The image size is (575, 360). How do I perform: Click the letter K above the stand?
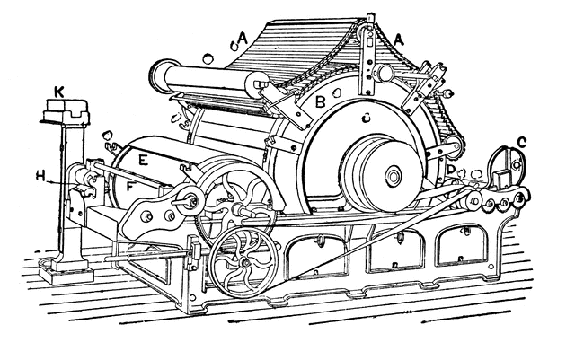(x=59, y=92)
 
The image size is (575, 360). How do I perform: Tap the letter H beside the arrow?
(x=40, y=176)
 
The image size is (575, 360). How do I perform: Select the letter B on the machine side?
(x=321, y=101)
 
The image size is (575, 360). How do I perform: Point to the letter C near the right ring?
(x=521, y=141)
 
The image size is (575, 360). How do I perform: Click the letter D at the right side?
(x=451, y=169)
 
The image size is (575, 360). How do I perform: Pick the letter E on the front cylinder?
(x=144, y=160)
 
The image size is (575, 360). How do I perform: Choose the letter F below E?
(x=130, y=186)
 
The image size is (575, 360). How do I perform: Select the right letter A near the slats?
(x=399, y=40)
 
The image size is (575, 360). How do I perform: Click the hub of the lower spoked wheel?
(x=244, y=262)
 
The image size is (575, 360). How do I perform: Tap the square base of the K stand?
(x=66, y=271)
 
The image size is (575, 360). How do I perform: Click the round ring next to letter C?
(x=508, y=167)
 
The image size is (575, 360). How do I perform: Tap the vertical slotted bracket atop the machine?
(x=368, y=55)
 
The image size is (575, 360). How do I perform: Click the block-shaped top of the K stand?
(x=66, y=110)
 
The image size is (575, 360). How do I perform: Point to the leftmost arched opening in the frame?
(x=317, y=256)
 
